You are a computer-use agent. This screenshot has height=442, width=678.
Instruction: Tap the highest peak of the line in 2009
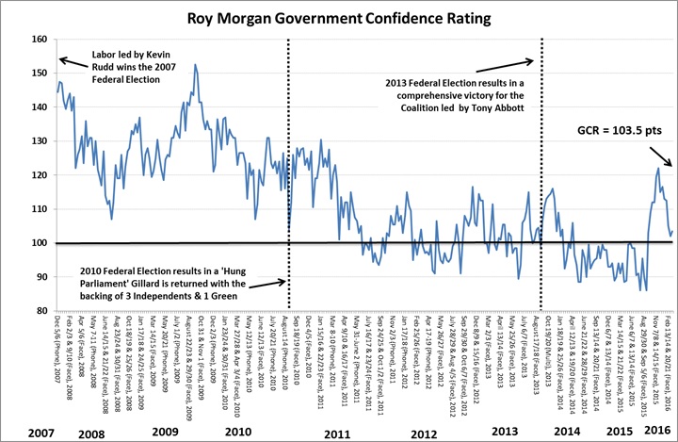pyautogui.click(x=195, y=65)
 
